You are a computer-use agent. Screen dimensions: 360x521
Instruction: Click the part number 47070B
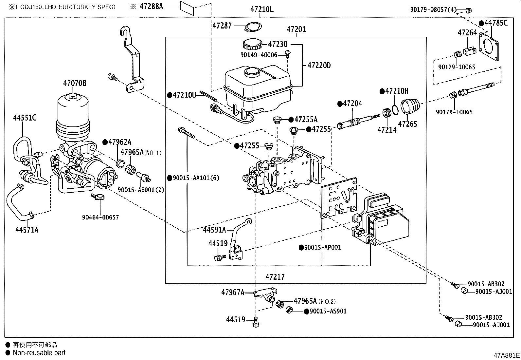[75, 83]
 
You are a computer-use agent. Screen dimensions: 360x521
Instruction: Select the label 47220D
[319, 66]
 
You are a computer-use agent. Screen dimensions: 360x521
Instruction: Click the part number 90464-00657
[100, 217]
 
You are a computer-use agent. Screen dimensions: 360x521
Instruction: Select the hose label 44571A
[27, 230]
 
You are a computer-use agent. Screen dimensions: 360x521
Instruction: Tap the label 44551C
[25, 118]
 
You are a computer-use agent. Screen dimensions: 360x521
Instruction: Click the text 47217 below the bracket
[275, 277]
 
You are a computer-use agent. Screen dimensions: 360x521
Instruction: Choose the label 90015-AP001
[322, 247]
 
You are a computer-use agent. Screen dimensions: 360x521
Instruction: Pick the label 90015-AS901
[328, 311]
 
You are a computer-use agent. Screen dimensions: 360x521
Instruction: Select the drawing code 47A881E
[507, 355]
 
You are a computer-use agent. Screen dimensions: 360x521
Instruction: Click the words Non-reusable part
[39, 353]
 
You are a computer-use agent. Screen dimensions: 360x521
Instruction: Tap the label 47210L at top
[262, 9]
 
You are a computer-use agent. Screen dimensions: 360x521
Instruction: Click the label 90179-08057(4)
[433, 10]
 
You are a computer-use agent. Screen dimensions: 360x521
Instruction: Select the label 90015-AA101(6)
[196, 178]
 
